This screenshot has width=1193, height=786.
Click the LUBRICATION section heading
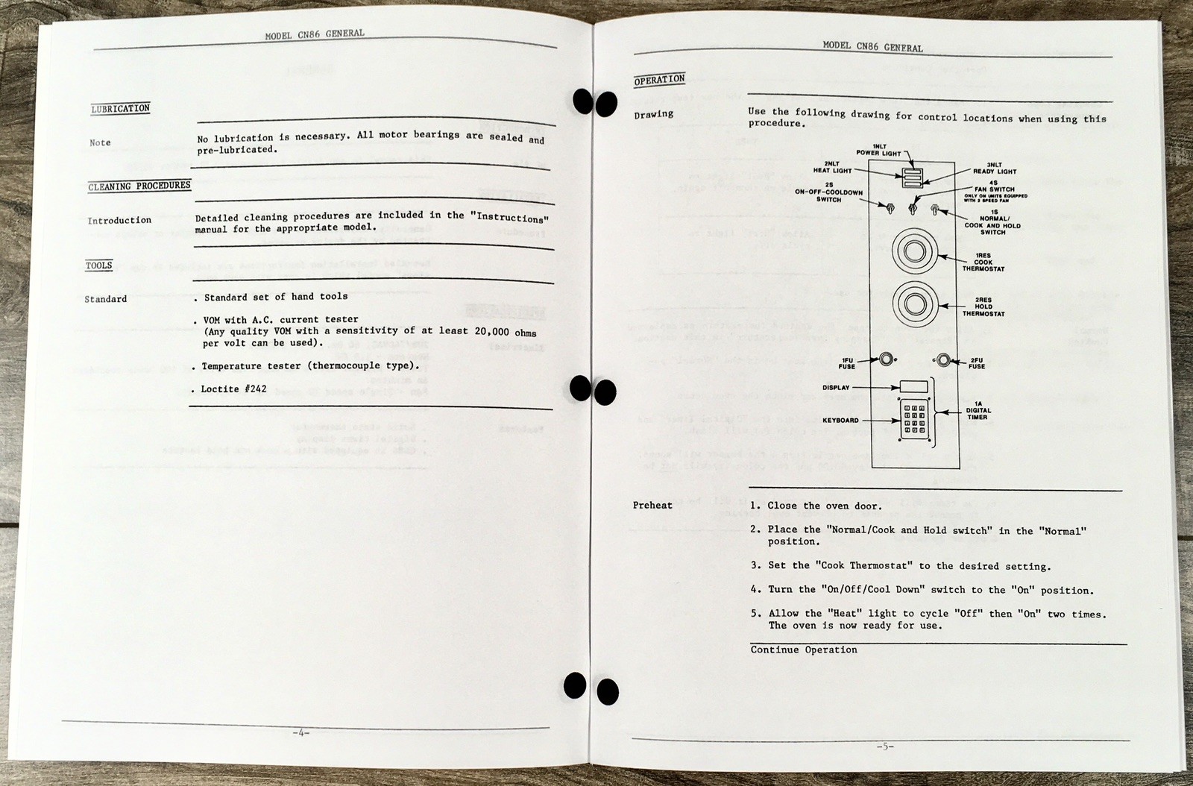point(120,109)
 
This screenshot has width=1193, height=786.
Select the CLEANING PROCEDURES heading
point(139,186)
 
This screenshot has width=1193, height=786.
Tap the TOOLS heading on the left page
point(98,265)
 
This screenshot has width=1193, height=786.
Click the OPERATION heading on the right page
point(659,80)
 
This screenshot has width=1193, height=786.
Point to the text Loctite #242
point(233,389)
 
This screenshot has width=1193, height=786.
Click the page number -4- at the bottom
point(300,733)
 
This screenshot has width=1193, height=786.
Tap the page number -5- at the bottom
point(884,746)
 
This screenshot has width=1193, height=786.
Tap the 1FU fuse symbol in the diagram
point(885,359)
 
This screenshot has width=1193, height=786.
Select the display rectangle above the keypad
point(913,387)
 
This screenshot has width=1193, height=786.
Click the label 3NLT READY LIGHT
point(994,168)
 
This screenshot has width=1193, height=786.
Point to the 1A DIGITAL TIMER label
point(978,410)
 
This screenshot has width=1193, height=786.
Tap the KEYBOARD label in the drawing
point(840,421)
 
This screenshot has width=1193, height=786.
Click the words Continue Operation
point(804,650)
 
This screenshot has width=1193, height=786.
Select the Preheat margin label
point(652,506)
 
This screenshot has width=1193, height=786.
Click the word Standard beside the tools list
point(105,299)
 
